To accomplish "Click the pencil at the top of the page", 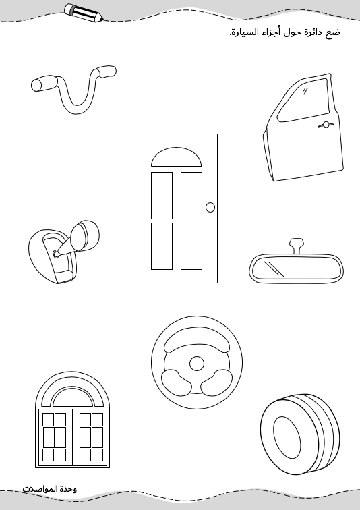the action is (x=84, y=13).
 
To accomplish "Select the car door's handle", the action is (x=326, y=125).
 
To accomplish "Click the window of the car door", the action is (x=303, y=99).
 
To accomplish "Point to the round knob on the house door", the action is (x=210, y=207).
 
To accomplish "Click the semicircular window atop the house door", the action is (x=176, y=157).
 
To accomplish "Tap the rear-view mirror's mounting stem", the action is (x=297, y=246).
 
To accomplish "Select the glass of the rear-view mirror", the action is (x=297, y=268).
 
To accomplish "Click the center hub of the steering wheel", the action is (x=197, y=364).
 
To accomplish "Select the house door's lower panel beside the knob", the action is (x=191, y=246).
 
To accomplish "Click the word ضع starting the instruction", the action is (x=332, y=33).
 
